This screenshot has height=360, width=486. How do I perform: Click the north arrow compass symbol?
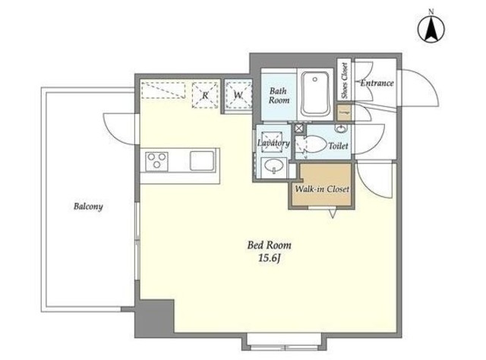tap(431, 29)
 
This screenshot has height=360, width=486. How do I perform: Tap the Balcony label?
tap(88, 207)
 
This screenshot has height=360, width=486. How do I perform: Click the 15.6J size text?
tap(270, 258)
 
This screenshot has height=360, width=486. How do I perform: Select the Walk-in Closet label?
tap(322, 189)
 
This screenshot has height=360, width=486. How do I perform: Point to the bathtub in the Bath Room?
tap(315, 93)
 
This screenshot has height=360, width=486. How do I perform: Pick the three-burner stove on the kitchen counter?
tap(157, 161)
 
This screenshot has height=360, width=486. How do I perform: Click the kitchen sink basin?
tap(202, 160)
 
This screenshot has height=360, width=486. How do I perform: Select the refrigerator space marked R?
tap(205, 95)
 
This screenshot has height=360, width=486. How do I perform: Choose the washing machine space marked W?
tap(238, 95)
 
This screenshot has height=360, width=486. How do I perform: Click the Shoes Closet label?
tap(344, 81)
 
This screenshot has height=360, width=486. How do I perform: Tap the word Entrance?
tap(377, 83)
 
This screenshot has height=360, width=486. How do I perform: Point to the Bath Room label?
tap(279, 96)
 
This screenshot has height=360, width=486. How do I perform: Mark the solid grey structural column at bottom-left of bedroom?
tap(154, 316)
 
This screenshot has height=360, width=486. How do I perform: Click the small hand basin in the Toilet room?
tap(341, 128)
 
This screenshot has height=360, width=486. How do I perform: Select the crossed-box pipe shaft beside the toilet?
tap(299, 128)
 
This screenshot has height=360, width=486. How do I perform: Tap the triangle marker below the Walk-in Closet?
tap(333, 213)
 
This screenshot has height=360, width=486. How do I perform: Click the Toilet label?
tap(338, 145)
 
